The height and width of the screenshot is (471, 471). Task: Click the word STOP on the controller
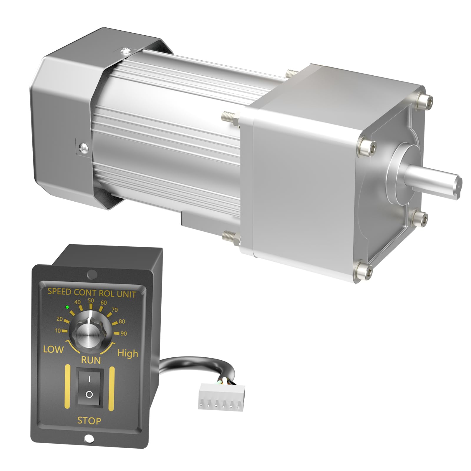point(89,421)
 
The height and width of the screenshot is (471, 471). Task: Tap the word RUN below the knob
point(91,360)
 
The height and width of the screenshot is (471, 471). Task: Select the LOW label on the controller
point(53,349)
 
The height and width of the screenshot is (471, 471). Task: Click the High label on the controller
point(128,353)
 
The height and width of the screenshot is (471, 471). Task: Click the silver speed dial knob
point(87,334)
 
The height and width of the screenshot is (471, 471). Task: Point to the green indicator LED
point(67,307)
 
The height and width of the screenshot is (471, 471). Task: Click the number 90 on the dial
point(124,334)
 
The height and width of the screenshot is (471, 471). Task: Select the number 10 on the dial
point(58,331)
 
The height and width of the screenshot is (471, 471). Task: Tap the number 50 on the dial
point(91,301)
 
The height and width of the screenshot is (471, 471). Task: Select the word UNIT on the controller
point(126,294)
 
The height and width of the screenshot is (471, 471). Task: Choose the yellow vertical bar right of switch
point(111,389)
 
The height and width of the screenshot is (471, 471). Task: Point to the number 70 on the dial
point(115,310)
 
